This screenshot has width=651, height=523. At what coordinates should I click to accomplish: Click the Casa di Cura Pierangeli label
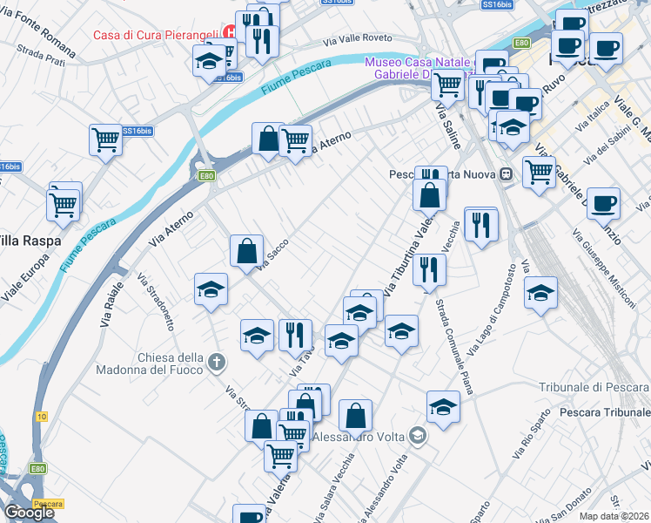[156, 36]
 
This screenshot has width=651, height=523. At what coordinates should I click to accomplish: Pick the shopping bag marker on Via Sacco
[247, 251]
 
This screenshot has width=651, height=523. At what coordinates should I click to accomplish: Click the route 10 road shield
[40, 417]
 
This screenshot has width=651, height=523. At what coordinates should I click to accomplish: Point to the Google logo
[29, 513]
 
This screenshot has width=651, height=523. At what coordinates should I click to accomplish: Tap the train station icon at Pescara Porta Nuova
[506, 173]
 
